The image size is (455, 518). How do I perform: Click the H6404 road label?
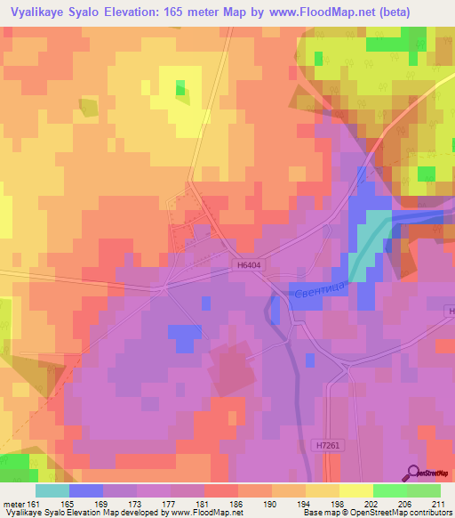pos(251,264)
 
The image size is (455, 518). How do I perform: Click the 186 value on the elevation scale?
pos(237,503)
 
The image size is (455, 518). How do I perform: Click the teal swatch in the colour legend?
pos(52,490)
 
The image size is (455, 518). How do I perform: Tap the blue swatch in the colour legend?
pos(86,490)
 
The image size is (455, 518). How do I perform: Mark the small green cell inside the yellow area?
pos(180,87)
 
